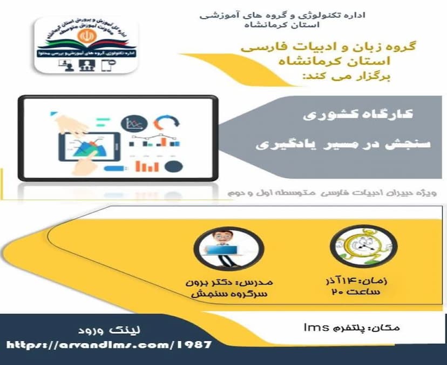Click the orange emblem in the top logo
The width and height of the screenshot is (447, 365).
click(86, 36)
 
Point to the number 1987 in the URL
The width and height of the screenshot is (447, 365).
click(193, 345)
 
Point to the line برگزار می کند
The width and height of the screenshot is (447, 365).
click(343, 78)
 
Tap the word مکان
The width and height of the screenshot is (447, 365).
click(388, 327)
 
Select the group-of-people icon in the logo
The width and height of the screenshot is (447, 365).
click(86, 65)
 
